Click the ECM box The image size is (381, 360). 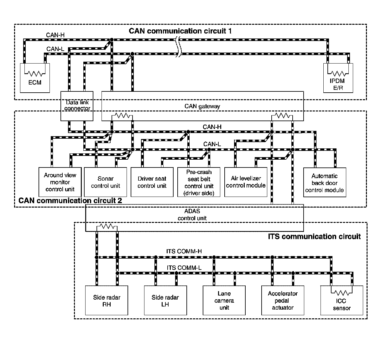[35, 78]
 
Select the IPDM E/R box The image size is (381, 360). [338, 78]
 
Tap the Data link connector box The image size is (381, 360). [77, 106]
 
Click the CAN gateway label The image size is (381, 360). [202, 106]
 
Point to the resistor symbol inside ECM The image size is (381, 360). [35, 73]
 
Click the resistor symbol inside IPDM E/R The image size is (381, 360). [338, 73]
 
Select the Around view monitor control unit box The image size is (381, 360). [60, 182]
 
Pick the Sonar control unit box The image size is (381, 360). [105, 182]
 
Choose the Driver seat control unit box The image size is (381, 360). [152, 182]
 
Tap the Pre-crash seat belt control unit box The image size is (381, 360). [199, 182]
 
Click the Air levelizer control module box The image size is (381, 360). [246, 182]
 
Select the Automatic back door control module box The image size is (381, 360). [325, 182]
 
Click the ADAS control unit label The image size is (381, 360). [192, 214]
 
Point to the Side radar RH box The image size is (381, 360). [107, 300]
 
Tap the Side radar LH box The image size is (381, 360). [165, 300]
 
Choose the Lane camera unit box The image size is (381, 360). [224, 300]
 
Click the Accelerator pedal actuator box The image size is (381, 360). [283, 300]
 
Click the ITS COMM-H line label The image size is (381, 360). [184, 251]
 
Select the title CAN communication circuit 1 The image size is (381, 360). [180, 31]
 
